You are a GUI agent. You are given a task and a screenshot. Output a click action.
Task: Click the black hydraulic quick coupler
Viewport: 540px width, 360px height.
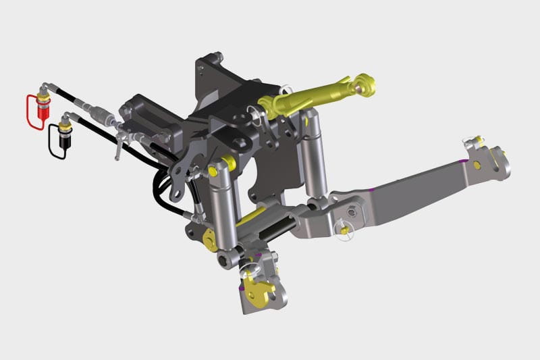(66, 135)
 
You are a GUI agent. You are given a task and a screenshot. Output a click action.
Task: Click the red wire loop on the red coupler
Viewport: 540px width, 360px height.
(28, 111)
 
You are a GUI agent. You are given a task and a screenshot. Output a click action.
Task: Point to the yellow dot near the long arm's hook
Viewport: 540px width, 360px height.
(477, 165)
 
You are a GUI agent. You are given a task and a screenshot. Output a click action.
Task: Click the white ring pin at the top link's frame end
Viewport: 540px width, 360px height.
(285, 89)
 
